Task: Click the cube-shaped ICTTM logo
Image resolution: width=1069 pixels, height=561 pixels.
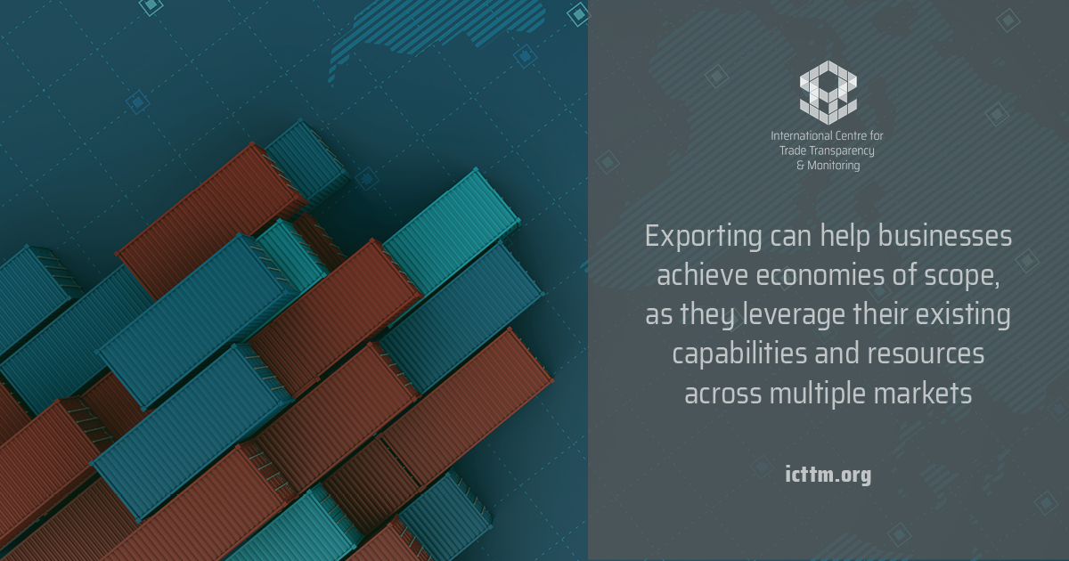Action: click(828, 93)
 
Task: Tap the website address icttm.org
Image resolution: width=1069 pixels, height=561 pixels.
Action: click(828, 475)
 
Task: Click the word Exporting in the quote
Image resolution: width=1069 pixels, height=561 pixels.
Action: click(704, 237)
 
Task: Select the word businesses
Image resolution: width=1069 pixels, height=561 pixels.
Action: click(945, 236)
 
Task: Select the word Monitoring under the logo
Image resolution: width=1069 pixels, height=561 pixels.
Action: click(833, 166)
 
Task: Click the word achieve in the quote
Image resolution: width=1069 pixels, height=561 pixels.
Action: click(702, 275)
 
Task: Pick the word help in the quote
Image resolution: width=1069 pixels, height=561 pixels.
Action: click(845, 237)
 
